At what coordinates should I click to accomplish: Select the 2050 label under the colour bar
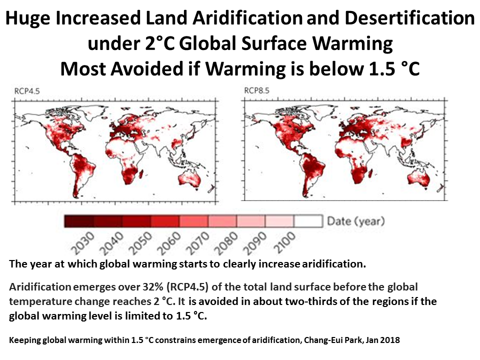pos(137,243)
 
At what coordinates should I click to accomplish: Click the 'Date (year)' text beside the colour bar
pos(355,220)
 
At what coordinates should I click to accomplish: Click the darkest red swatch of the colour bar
pos(79,220)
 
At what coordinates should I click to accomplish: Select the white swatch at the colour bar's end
pos(308,220)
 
